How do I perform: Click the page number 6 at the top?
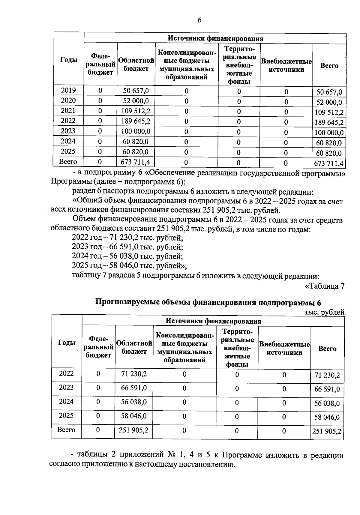pyautogui.click(x=199, y=20)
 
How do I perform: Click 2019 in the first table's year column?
pyautogui.click(x=68, y=90)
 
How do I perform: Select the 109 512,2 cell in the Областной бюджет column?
pyautogui.click(x=136, y=111)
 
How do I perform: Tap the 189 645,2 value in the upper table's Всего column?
pyautogui.click(x=329, y=122)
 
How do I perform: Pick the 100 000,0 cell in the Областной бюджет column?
pyautogui.click(x=136, y=131)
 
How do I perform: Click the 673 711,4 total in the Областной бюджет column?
pyautogui.click(x=135, y=162)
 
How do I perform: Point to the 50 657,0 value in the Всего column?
pyautogui.click(x=329, y=92)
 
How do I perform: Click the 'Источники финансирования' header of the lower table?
pyautogui.click(x=213, y=321)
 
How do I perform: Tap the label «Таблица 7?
pyautogui.click(x=325, y=286)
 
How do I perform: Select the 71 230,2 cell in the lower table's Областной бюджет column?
pyautogui.click(x=134, y=373)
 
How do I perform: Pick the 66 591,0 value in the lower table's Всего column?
pyautogui.click(x=327, y=389)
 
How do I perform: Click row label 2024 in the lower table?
pyautogui.click(x=66, y=401)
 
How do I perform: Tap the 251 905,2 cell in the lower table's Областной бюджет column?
pyautogui.click(x=133, y=430)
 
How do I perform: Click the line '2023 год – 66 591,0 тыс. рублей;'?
pyautogui.click(x=127, y=247)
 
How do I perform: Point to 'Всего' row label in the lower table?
pyautogui.click(x=66, y=430)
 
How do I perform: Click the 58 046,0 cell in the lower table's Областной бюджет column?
pyautogui.click(x=134, y=416)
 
